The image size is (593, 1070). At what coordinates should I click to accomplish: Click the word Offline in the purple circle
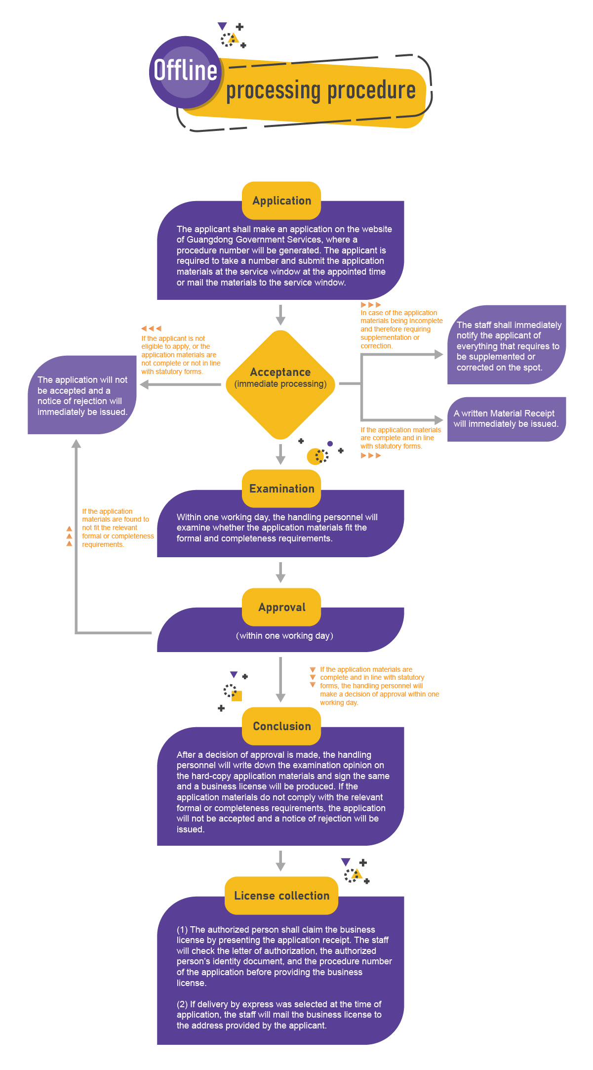click(185, 70)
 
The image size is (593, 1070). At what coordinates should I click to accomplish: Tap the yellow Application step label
click(281, 201)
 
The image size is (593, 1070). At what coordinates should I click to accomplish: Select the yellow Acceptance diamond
click(280, 384)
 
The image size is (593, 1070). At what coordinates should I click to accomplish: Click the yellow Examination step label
click(281, 489)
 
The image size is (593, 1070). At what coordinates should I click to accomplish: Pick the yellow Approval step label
click(281, 607)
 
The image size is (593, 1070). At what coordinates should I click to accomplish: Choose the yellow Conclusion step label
click(281, 726)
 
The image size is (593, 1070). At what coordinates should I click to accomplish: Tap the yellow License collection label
click(281, 896)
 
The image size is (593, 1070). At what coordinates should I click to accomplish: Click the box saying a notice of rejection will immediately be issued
click(82, 395)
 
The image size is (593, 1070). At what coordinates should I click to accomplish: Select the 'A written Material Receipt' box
click(506, 419)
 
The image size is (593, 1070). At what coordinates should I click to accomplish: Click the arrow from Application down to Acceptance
click(280, 315)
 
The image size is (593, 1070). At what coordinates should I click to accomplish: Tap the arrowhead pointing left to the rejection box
click(145, 384)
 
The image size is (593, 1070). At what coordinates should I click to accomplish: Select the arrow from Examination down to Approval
click(280, 572)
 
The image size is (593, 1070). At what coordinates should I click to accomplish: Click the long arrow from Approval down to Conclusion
click(280, 679)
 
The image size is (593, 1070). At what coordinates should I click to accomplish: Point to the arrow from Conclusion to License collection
click(280, 861)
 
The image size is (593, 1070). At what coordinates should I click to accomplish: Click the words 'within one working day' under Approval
click(285, 636)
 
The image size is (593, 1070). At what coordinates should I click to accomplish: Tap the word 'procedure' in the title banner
click(371, 90)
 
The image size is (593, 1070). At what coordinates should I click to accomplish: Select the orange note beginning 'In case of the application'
click(401, 329)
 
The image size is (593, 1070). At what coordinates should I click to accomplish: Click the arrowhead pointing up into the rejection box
click(76, 444)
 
